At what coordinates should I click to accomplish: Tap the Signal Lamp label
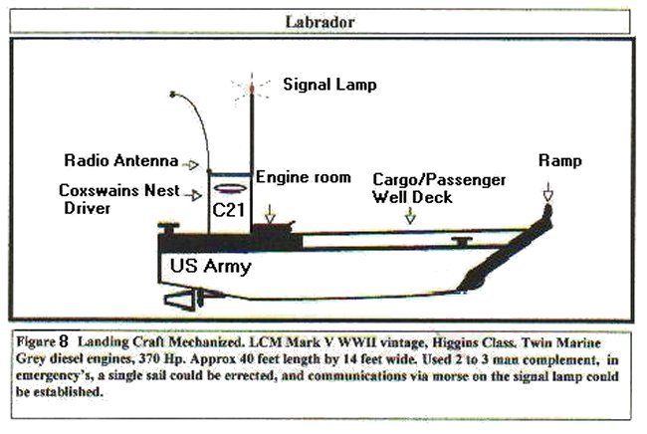(x=329, y=86)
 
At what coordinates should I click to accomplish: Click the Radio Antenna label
(x=121, y=160)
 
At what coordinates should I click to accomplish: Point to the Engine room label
(x=303, y=178)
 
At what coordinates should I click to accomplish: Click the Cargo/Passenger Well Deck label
(x=439, y=188)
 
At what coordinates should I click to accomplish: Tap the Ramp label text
(x=561, y=160)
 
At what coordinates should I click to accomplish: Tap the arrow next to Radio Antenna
(x=194, y=163)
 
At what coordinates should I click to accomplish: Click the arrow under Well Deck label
(x=412, y=214)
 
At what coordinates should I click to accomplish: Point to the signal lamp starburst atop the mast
(x=251, y=88)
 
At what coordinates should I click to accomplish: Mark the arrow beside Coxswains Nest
(x=195, y=192)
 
